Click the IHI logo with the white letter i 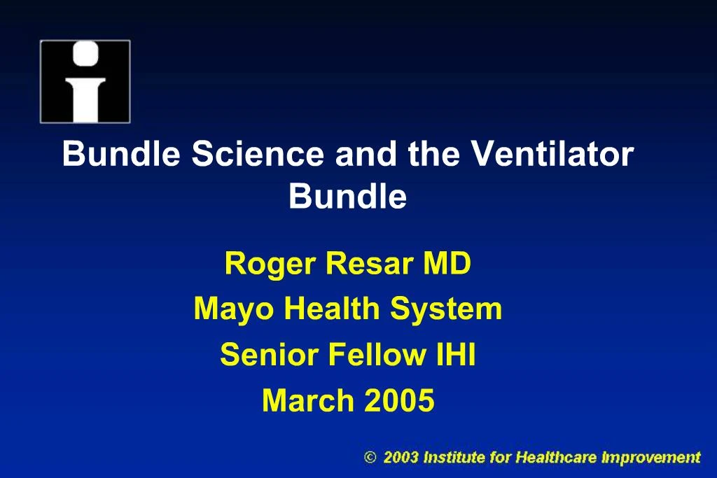coord(85,81)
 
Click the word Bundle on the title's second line coord(347,197)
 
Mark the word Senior coord(269,355)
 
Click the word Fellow coord(374,355)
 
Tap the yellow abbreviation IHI coord(454,355)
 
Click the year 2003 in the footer coord(401,458)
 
